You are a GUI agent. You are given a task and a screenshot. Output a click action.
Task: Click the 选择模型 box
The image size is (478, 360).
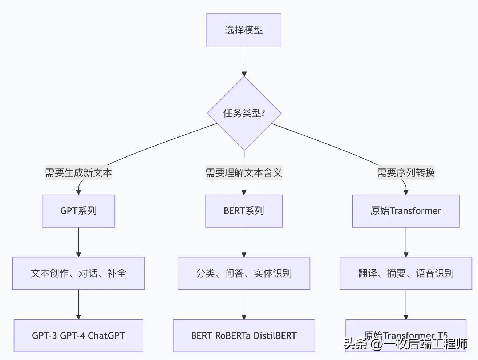tap(244, 30)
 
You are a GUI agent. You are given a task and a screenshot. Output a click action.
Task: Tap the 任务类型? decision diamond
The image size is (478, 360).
tap(244, 113)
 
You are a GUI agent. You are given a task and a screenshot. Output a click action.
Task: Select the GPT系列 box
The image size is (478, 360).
tap(78, 211)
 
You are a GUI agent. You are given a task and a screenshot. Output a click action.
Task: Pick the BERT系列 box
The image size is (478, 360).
tap(244, 211)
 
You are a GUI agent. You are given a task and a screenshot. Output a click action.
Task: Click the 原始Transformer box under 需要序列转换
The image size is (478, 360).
tap(406, 211)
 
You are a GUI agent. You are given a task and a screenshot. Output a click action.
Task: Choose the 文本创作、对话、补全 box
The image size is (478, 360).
tap(78, 273)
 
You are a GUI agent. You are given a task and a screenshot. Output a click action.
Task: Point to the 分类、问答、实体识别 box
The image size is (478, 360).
tap(244, 273)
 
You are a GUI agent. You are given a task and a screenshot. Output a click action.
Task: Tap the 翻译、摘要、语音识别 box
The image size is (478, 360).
tap(406, 273)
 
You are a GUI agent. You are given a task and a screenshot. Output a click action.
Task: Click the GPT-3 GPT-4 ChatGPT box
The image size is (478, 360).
tap(78, 336)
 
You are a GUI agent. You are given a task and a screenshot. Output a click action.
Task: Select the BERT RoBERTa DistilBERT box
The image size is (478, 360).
tap(244, 336)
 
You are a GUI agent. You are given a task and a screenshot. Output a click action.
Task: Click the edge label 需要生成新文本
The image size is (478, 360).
tap(78, 172)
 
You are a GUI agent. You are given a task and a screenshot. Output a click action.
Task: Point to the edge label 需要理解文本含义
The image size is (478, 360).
tap(244, 172)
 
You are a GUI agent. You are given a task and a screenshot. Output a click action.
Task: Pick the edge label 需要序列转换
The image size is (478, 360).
tap(406, 172)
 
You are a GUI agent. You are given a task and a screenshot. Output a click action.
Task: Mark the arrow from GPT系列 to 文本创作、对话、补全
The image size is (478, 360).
tap(78, 242)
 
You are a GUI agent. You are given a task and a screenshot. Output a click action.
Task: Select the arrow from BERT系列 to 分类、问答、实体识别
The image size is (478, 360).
tap(244, 242)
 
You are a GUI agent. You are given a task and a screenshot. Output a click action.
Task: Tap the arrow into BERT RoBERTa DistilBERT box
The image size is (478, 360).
tap(244, 304)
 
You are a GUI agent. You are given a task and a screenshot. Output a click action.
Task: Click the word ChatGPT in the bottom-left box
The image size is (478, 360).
tap(106, 336)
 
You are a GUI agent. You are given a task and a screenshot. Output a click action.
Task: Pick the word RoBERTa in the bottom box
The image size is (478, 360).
tap(233, 336)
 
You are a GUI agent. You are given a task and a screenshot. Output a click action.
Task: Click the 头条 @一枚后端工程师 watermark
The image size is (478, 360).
tap(406, 344)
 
